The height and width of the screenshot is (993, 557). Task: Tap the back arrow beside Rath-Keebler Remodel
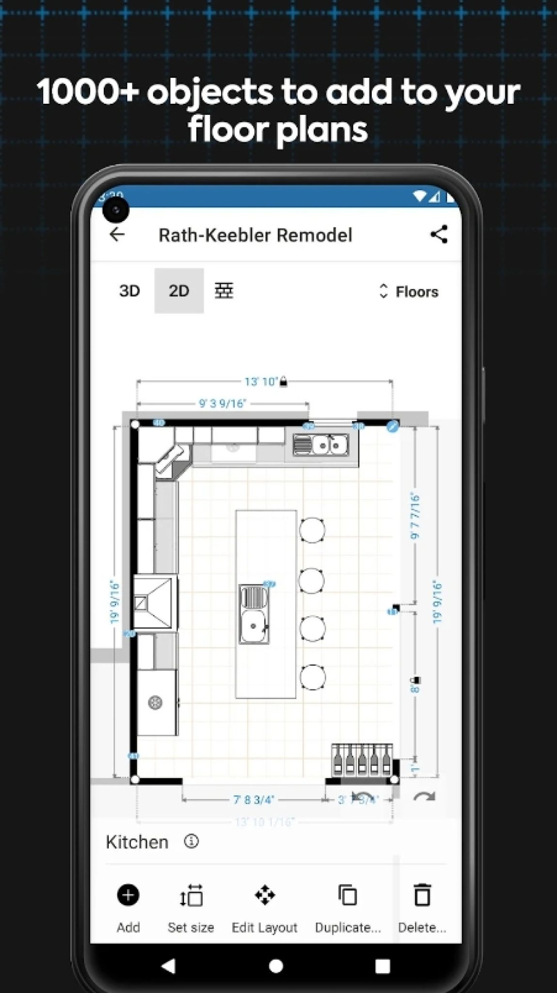click(117, 235)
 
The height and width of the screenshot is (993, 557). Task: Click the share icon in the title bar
click(439, 235)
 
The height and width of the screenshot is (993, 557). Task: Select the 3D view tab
click(129, 291)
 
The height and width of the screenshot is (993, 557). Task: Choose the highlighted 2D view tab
click(179, 291)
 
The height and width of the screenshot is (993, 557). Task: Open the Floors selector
click(408, 291)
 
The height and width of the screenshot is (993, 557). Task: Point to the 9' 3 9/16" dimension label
click(223, 403)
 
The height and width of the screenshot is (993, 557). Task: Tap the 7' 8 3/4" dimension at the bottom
click(254, 800)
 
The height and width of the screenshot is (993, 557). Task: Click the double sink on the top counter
click(320, 445)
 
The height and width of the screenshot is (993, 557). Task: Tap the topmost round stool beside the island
click(312, 530)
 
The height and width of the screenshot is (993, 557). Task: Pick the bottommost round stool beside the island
click(312, 677)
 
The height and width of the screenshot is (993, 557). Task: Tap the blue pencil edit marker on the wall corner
click(392, 427)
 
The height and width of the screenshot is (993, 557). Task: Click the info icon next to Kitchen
click(191, 841)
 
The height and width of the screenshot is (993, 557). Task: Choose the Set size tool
click(191, 896)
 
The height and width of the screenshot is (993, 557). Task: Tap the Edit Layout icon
click(265, 896)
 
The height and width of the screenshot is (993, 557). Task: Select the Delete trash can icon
click(422, 896)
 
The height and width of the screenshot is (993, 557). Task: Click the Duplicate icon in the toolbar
click(348, 896)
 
